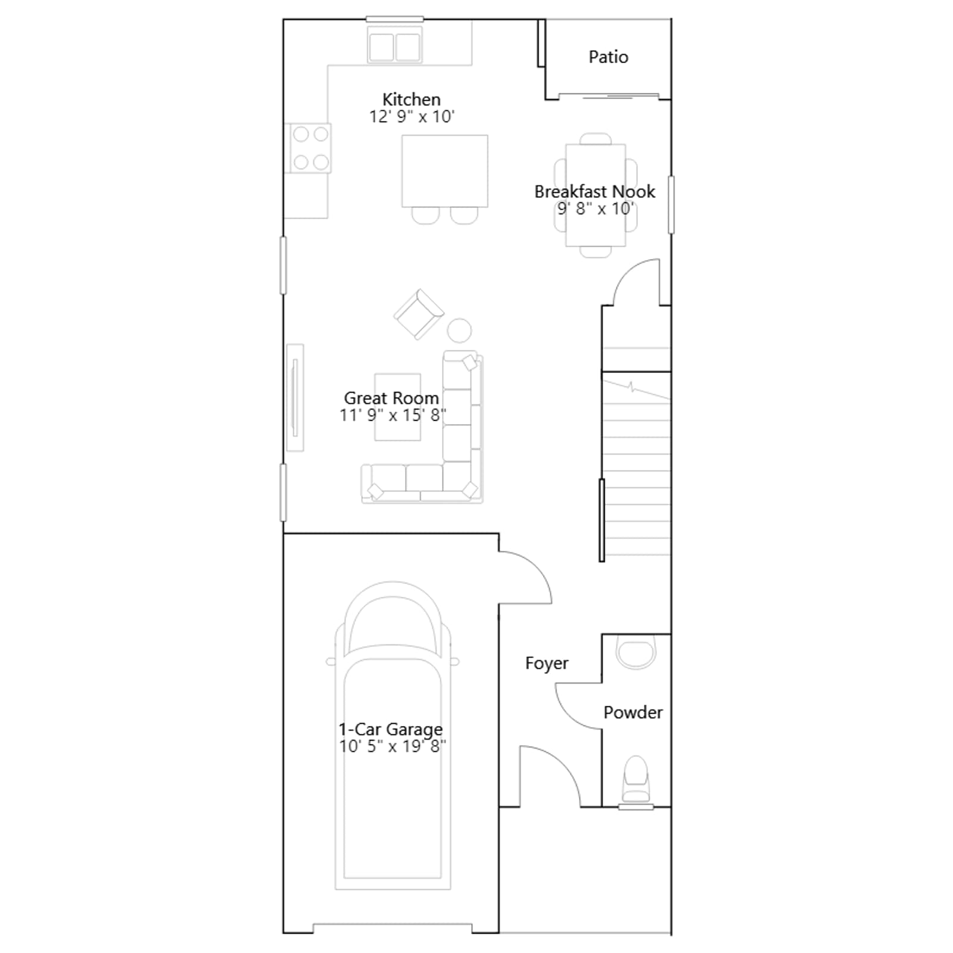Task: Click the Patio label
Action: (x=608, y=57)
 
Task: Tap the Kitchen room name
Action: (x=412, y=99)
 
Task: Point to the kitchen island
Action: (x=445, y=171)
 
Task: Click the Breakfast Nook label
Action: (x=594, y=191)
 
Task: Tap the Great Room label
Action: (x=391, y=398)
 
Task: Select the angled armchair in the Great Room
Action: (x=419, y=314)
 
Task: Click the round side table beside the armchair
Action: (x=459, y=331)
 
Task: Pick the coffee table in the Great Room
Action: (x=397, y=407)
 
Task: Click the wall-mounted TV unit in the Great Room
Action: (x=295, y=397)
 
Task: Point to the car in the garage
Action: (x=393, y=736)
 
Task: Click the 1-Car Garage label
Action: (x=391, y=729)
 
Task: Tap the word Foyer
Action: (x=547, y=663)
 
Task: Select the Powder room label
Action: (x=633, y=712)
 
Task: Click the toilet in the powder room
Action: (x=636, y=779)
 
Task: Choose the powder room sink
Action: (x=636, y=652)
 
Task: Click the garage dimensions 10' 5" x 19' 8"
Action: (x=393, y=746)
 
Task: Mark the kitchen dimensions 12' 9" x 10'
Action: (x=412, y=116)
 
